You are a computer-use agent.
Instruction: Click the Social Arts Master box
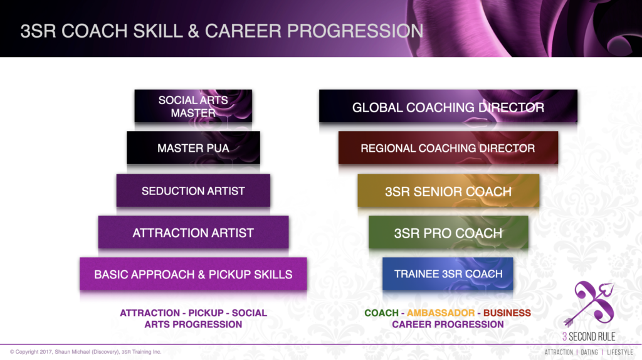(193, 107)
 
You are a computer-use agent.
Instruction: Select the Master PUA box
(193, 149)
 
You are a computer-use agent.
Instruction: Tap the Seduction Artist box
(193, 191)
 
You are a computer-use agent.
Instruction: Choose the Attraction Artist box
(193, 233)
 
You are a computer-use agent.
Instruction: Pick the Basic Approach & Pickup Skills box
(193, 274)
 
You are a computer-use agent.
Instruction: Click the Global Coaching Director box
(448, 107)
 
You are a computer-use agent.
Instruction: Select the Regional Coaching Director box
(448, 149)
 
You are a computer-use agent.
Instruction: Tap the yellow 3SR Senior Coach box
(448, 191)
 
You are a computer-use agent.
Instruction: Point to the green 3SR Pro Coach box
(448, 233)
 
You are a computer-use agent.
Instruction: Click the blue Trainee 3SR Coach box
(448, 274)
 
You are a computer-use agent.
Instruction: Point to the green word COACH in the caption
(381, 312)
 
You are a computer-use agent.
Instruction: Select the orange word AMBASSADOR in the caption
(442, 312)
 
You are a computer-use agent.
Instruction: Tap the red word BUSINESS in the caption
(508, 312)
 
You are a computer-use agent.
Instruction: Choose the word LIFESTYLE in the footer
(620, 352)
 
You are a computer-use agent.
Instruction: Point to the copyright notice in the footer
(85, 352)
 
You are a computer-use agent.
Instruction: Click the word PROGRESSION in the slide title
(362, 31)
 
